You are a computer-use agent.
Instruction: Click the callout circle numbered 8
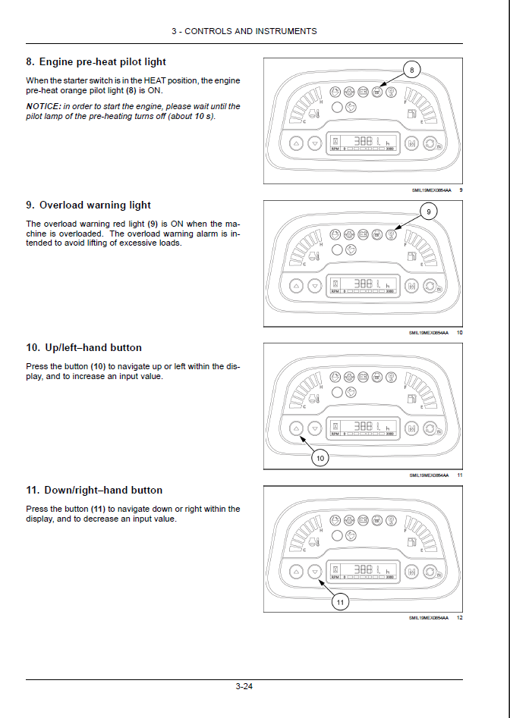pyautogui.click(x=411, y=71)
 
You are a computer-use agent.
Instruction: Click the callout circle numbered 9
pyautogui.click(x=429, y=212)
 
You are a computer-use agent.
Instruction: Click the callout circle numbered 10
pyautogui.click(x=320, y=458)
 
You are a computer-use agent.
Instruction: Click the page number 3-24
pyautogui.click(x=244, y=687)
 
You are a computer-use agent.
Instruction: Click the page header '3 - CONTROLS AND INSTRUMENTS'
pyautogui.click(x=244, y=31)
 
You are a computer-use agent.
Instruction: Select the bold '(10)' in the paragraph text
pyautogui.click(x=98, y=367)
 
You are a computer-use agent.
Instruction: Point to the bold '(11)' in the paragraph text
pyautogui.click(x=98, y=509)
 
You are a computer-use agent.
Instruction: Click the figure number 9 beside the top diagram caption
pyautogui.click(x=461, y=190)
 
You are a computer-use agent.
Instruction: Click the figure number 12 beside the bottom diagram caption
pyautogui.click(x=459, y=617)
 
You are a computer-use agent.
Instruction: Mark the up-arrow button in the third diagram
pyautogui.click(x=296, y=428)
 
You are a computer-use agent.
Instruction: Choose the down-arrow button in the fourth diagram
pyautogui.click(x=315, y=571)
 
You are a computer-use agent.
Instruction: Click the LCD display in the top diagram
pyautogui.click(x=363, y=143)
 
